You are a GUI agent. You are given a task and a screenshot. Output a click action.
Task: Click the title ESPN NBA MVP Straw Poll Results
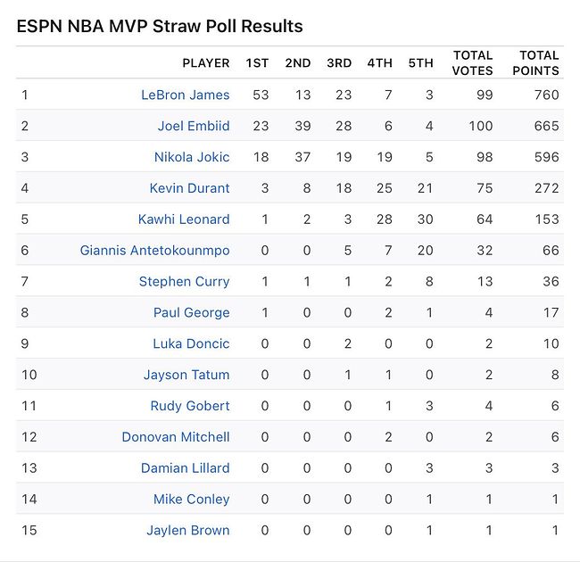(160, 26)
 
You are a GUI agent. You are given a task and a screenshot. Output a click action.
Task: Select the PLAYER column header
(205, 63)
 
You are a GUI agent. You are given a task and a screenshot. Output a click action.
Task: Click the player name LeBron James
(185, 95)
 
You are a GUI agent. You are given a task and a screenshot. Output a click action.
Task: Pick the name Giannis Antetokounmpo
(154, 251)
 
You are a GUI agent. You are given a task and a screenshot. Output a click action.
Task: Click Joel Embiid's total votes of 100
(480, 126)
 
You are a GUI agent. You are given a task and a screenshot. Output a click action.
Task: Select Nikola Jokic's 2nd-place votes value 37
(302, 157)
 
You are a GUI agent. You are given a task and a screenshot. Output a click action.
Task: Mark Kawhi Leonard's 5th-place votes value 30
(424, 219)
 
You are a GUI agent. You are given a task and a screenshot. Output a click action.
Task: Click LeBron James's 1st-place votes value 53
(261, 95)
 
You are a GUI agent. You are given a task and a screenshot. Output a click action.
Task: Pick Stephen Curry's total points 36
(550, 282)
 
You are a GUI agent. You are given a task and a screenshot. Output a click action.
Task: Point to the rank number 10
(29, 375)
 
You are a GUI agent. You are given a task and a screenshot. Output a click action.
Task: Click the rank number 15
(29, 531)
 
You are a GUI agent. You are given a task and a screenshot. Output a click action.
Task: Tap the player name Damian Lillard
(185, 468)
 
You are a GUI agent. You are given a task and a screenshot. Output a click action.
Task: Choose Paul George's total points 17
(551, 313)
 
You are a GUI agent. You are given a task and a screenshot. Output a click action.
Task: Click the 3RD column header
(339, 63)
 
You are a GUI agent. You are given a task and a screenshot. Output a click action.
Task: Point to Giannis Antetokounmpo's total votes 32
(485, 251)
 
